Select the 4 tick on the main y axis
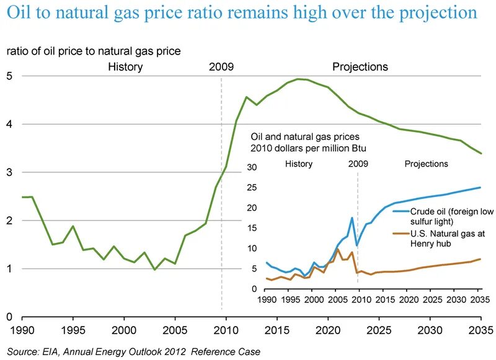click(9, 124)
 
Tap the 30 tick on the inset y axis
click(252, 167)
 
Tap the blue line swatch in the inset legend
click(401, 212)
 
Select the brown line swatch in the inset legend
click(401, 233)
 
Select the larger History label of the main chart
click(125, 66)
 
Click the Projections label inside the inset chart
click(426, 164)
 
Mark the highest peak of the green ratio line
click(299, 79)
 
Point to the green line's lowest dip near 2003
click(155, 270)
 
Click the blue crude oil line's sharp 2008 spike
click(352, 217)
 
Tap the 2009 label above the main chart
click(221, 66)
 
